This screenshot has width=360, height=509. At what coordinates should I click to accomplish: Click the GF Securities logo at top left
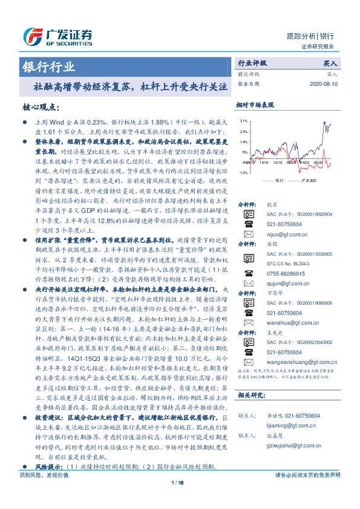click(54, 34)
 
